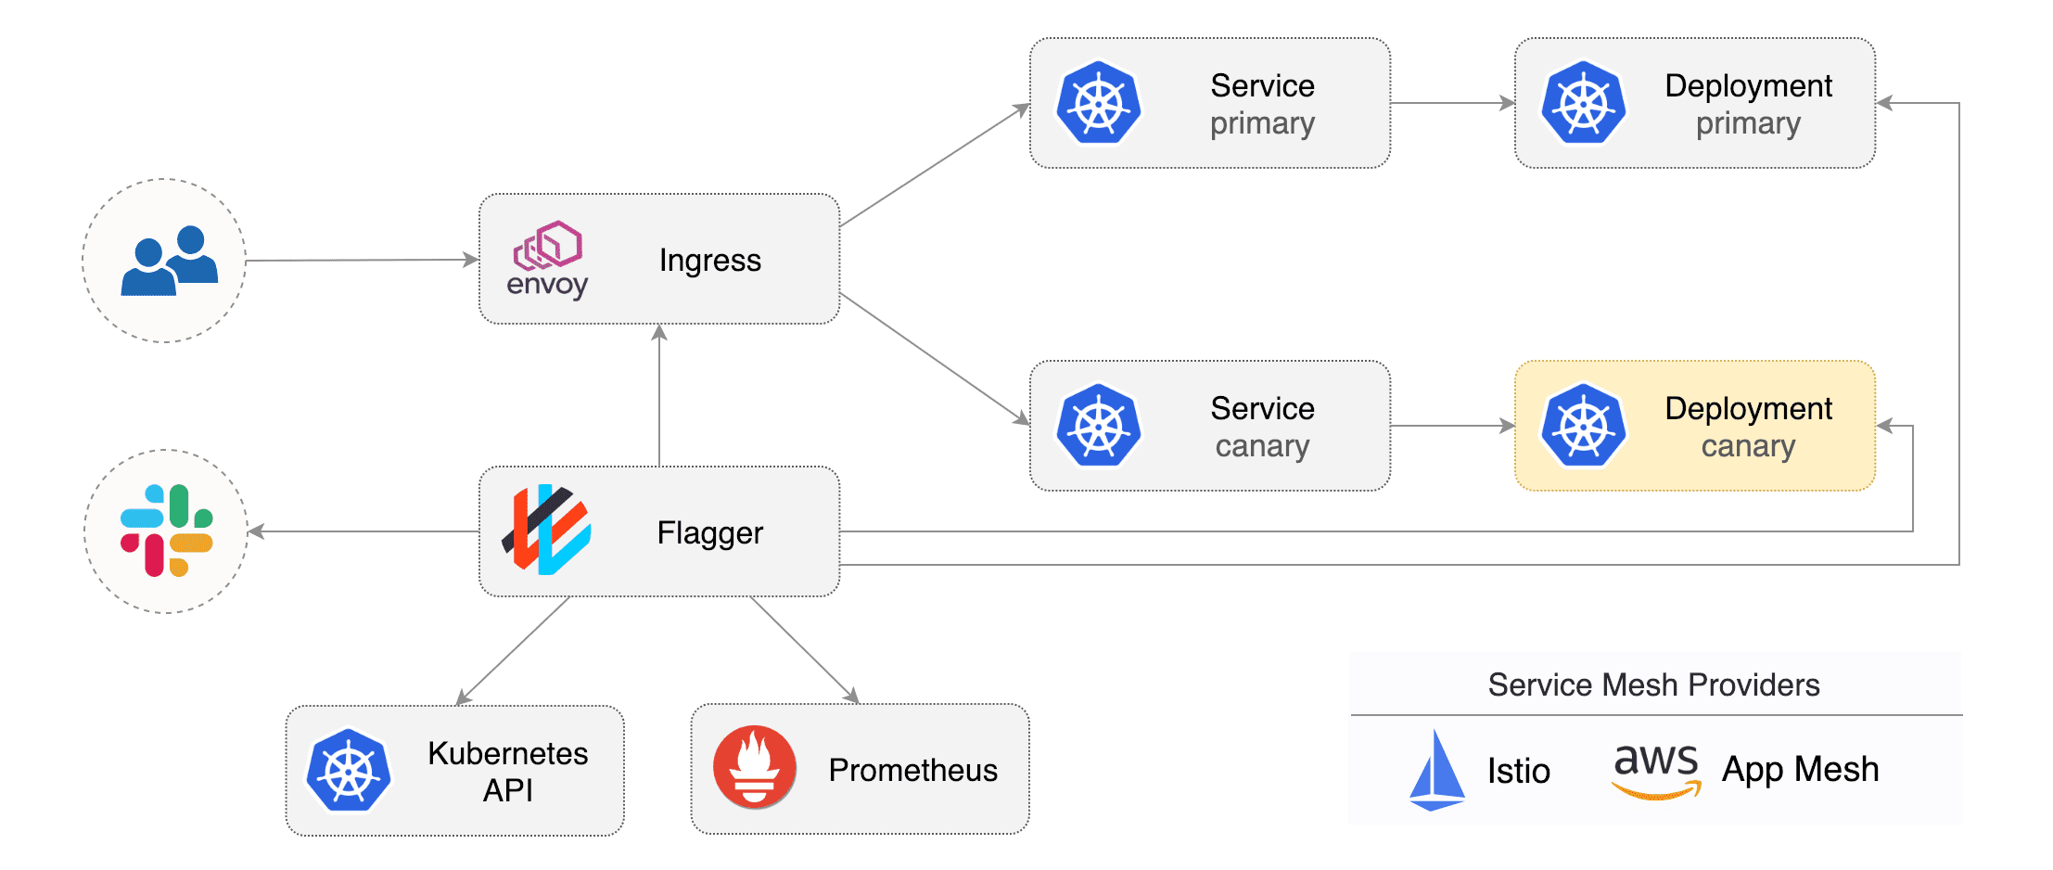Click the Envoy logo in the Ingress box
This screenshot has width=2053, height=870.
tap(547, 259)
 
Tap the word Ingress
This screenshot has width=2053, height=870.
tap(709, 261)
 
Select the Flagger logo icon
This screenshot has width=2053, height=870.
tap(546, 530)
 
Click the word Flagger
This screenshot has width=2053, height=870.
tap(709, 533)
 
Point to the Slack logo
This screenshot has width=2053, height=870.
tap(167, 531)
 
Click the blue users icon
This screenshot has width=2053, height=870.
tap(169, 261)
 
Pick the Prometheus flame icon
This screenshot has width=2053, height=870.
tap(754, 767)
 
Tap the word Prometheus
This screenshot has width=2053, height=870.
tap(912, 770)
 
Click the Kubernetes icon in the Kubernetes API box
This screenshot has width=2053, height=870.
tap(349, 771)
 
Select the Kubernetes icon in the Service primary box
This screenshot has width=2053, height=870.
tap(1099, 103)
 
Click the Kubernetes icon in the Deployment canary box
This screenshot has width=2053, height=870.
tap(1584, 426)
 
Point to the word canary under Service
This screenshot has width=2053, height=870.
tap(1262, 446)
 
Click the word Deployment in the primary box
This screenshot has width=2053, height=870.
tap(1748, 85)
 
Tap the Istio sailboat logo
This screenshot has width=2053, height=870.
tap(1436, 769)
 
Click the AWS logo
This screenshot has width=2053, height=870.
tap(1656, 769)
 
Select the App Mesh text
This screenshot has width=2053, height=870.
tap(1800, 769)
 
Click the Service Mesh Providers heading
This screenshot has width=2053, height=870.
tap(1653, 684)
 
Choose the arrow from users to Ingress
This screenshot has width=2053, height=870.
tap(362, 261)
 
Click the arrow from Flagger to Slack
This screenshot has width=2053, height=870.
tap(362, 531)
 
